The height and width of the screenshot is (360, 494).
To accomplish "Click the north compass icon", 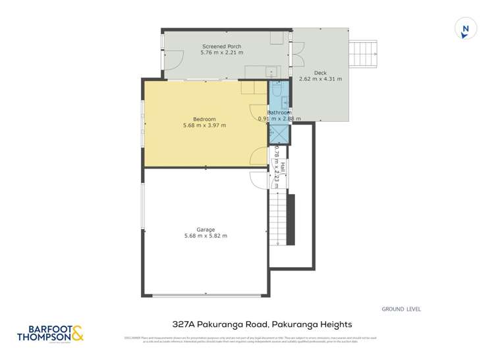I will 465,28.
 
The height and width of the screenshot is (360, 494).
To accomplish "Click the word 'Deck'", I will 320,72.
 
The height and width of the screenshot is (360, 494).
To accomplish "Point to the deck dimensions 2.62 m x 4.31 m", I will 320,79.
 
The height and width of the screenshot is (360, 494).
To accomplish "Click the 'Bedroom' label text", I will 204,119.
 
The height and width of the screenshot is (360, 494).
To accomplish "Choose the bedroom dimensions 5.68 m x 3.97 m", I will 204,126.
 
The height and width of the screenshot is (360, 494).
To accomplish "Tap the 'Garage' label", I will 206,229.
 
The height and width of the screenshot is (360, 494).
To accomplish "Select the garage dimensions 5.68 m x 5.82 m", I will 206,236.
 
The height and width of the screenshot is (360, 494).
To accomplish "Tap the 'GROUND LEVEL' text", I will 400,309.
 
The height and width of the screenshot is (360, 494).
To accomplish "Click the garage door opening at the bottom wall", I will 206,296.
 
